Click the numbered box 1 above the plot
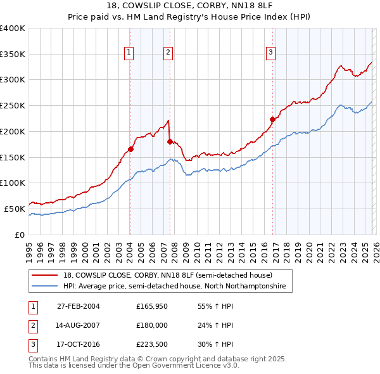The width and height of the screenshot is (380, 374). pos(129,53)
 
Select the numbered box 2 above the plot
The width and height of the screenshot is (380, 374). pos(168,53)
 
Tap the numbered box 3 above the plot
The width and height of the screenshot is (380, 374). pos(270,53)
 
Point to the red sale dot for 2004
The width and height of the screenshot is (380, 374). pos(130,150)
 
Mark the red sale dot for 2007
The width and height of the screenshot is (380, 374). pos(170,142)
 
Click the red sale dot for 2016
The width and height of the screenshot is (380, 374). pos(273,119)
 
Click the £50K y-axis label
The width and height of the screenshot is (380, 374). pos(14,209)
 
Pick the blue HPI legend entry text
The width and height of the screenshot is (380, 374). pos(174,287)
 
